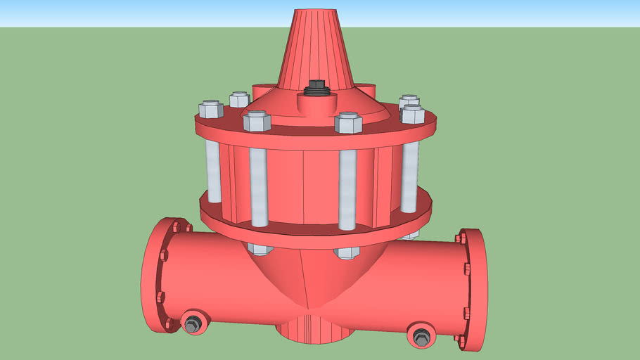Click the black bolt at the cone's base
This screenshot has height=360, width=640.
(x=316, y=88)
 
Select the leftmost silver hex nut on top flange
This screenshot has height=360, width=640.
(x=211, y=110)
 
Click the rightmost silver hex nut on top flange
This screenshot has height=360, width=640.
(x=412, y=114)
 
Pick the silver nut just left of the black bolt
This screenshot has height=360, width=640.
(x=257, y=121)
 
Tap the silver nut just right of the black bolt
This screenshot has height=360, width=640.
(x=348, y=123)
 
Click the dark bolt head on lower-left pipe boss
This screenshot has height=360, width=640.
(x=192, y=324)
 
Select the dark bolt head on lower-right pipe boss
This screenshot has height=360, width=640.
(x=421, y=337)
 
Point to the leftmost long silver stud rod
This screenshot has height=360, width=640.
(x=214, y=169)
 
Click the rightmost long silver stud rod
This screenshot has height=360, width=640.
(x=409, y=176)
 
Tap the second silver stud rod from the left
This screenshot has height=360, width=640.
(x=259, y=186)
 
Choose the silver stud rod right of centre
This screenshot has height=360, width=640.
(x=347, y=190)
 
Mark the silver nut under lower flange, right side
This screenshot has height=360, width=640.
(x=347, y=252)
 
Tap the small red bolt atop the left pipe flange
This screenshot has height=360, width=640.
(x=175, y=226)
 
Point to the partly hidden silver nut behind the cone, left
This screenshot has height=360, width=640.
(x=239, y=99)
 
